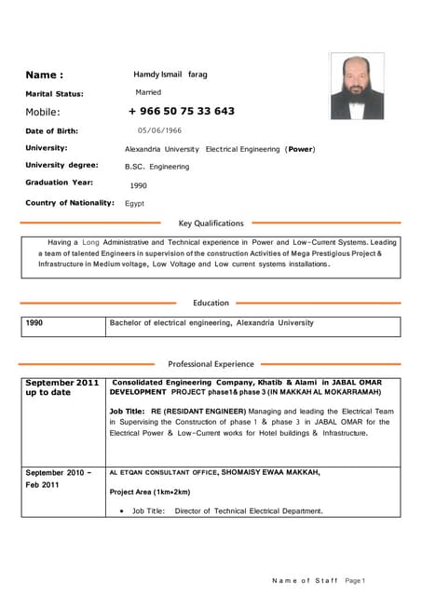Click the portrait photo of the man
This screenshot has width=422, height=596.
(x=356, y=86)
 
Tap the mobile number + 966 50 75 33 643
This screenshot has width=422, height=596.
(x=182, y=111)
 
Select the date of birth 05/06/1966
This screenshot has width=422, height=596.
(x=159, y=131)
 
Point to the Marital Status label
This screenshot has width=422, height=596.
(x=54, y=93)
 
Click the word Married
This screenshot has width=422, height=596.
(x=148, y=92)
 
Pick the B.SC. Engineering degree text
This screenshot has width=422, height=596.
(x=157, y=167)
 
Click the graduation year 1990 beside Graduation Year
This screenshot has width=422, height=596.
(x=138, y=185)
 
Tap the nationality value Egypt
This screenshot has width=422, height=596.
(x=134, y=203)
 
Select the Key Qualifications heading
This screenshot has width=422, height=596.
(x=211, y=223)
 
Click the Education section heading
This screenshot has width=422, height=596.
(x=211, y=303)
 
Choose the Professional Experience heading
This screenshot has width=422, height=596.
(x=211, y=364)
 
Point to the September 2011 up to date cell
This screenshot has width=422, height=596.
(x=61, y=387)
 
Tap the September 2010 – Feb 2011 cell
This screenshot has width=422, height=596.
(x=59, y=479)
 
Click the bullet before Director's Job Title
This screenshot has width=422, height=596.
(x=122, y=510)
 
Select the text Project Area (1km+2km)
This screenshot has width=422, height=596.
(x=149, y=492)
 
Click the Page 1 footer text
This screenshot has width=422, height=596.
(x=354, y=580)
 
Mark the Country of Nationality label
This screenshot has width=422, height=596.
(x=69, y=202)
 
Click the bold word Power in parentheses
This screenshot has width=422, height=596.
(x=300, y=149)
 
